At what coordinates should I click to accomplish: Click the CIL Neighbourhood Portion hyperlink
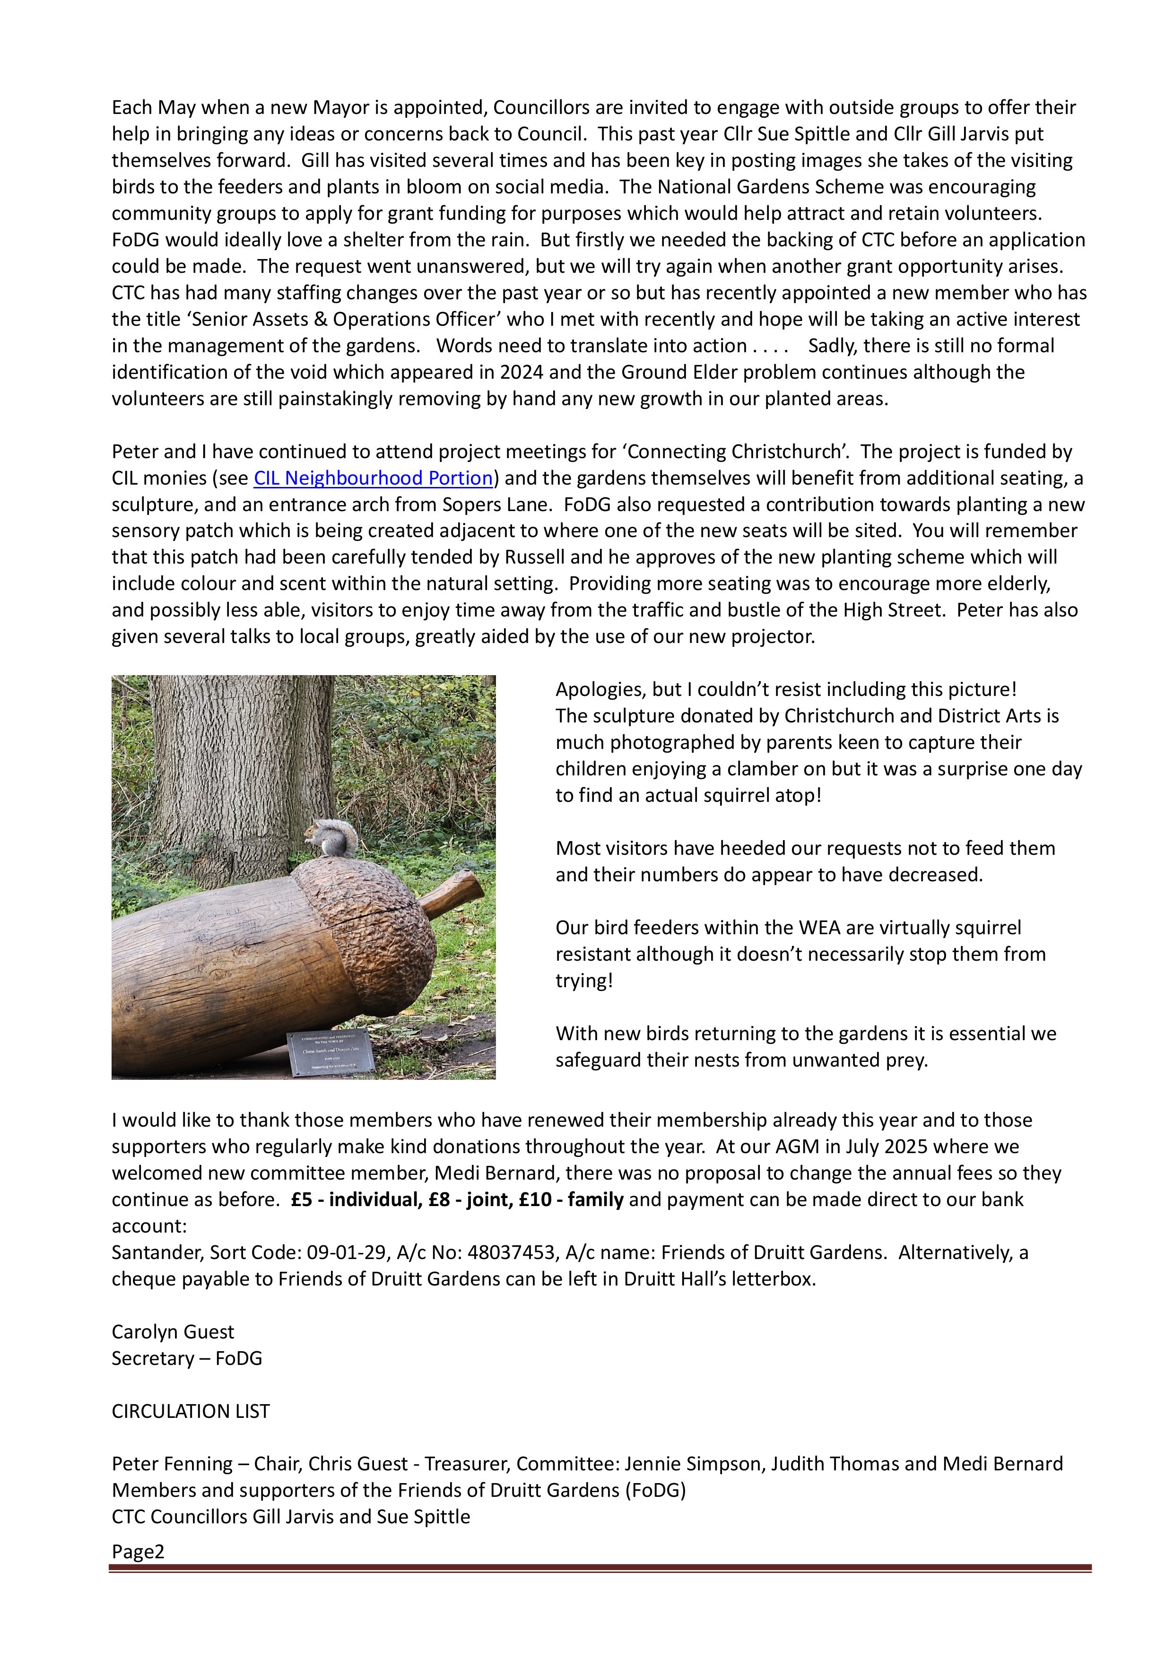[373, 478]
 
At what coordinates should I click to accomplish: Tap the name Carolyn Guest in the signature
[173, 1332]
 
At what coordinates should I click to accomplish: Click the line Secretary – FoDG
[186, 1358]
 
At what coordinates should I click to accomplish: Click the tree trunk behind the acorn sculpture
[238, 759]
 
